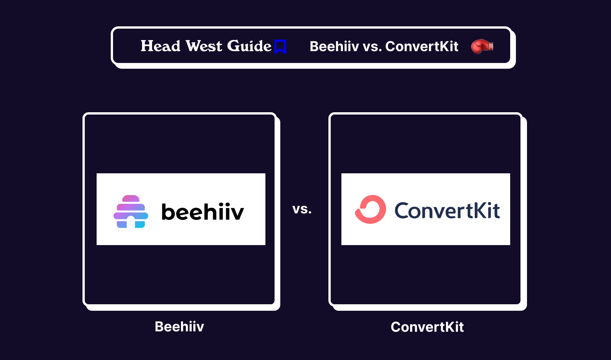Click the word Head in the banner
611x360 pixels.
point(160,46)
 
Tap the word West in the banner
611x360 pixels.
point(204,46)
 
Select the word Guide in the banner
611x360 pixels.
point(249,46)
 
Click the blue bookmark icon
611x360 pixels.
point(280,47)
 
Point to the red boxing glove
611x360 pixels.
point(482,47)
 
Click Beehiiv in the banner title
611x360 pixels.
point(334,47)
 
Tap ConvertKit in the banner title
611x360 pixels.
point(422,47)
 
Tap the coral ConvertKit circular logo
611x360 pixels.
point(370,209)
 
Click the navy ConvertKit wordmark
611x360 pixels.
point(447,210)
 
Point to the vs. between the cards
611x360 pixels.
point(302,209)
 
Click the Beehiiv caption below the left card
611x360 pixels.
point(179,327)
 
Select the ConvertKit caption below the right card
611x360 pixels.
point(427,327)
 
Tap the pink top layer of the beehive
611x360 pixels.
point(131,199)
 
